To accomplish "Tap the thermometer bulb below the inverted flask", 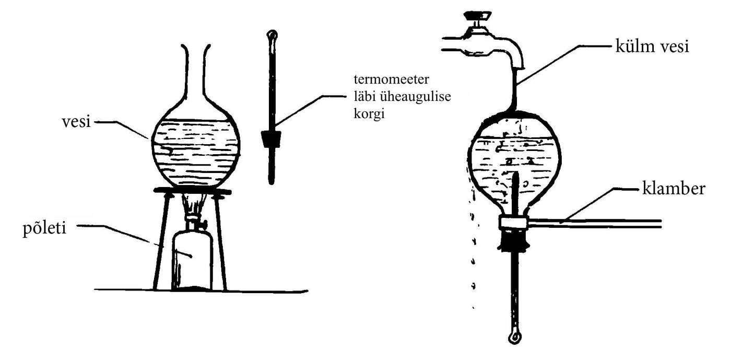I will [514, 336].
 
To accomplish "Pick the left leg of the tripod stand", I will [159, 240].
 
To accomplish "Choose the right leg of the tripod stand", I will [222, 240].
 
